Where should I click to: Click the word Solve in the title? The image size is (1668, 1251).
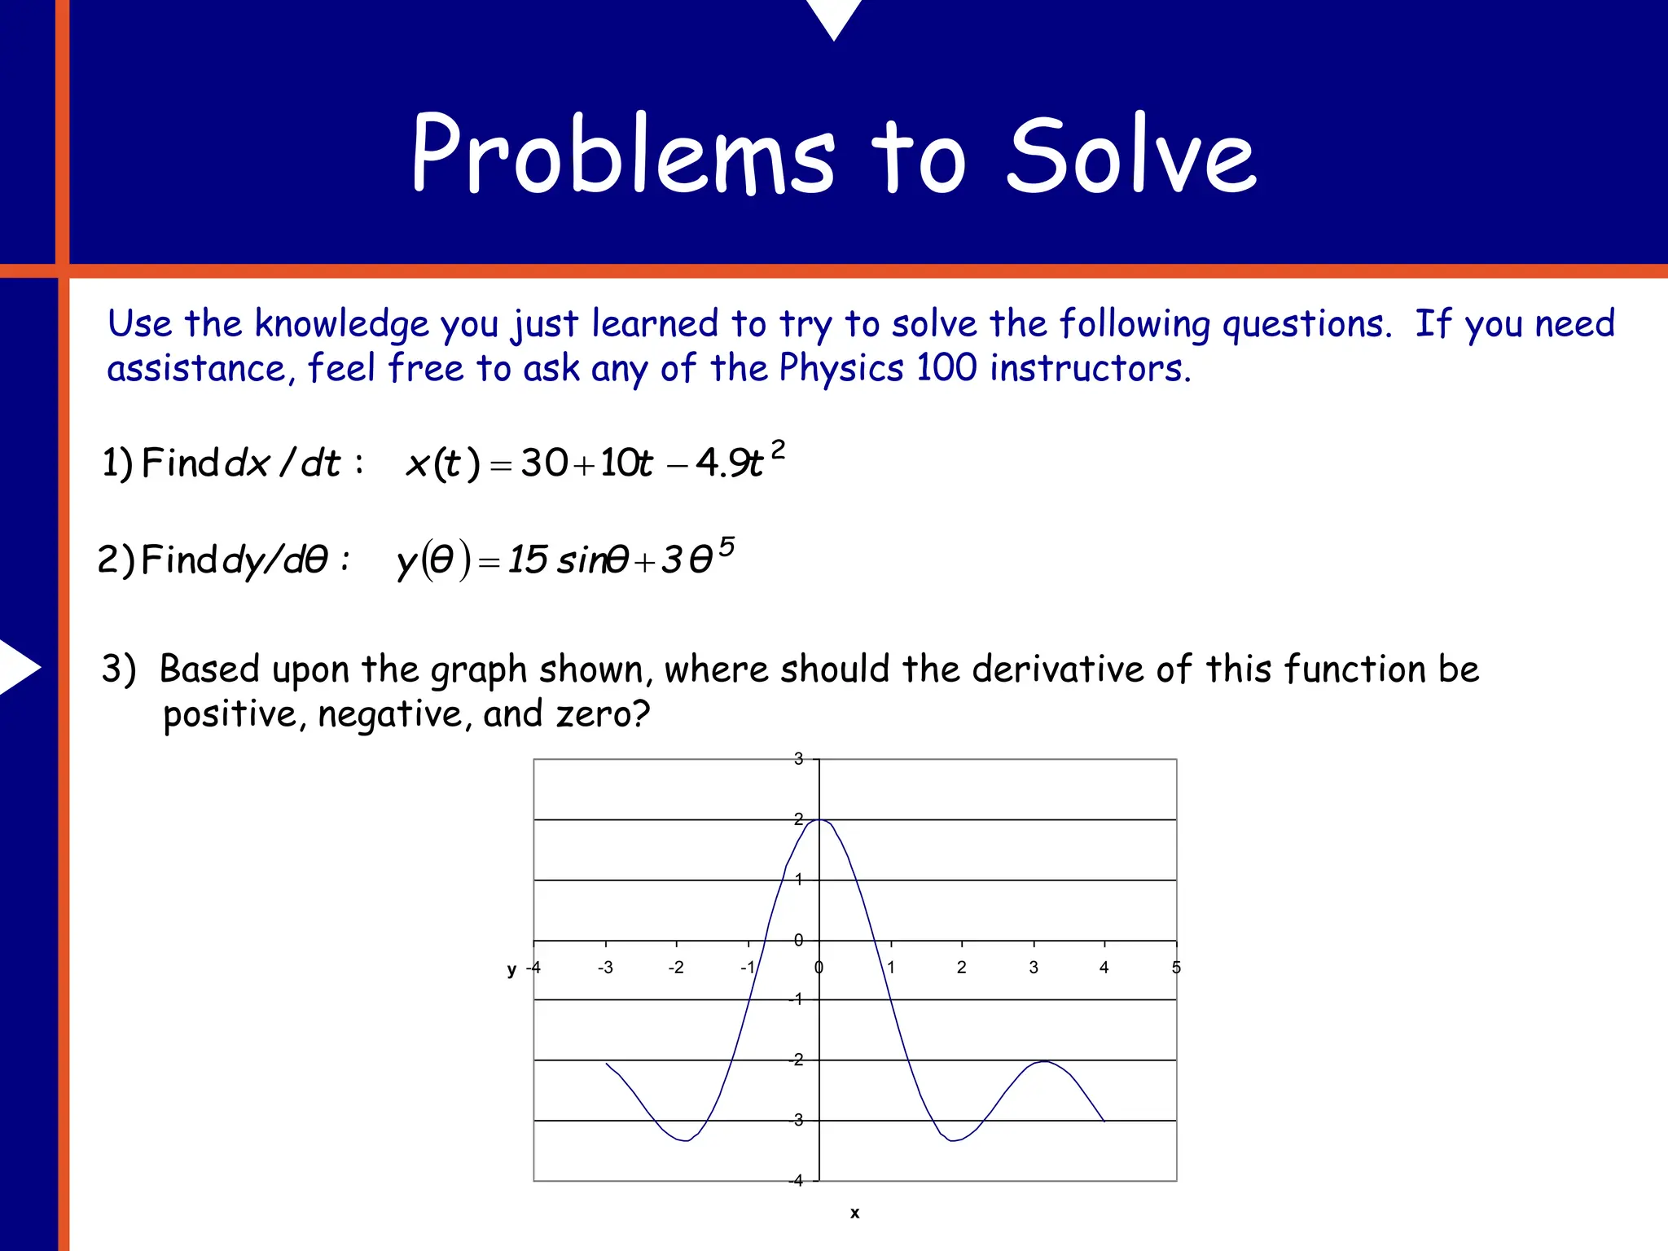click(1132, 155)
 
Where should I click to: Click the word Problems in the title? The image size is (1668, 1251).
click(623, 155)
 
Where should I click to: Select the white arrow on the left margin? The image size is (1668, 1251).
click(18, 667)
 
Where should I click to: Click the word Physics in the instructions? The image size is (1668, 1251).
click(841, 368)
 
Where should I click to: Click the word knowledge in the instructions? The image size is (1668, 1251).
click(341, 325)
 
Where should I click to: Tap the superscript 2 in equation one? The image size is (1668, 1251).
click(779, 450)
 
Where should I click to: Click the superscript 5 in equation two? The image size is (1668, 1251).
click(726, 546)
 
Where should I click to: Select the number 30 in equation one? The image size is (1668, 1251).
click(544, 463)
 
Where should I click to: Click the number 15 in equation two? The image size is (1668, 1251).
click(528, 560)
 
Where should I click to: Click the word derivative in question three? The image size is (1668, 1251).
click(1058, 669)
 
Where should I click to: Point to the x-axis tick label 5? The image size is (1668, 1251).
click(1176, 968)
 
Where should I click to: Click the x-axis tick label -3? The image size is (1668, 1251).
click(605, 968)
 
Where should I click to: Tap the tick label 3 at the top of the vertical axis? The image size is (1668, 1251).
click(798, 759)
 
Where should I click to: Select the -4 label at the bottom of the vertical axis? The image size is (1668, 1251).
click(796, 1180)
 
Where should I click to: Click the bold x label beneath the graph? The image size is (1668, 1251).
click(854, 1213)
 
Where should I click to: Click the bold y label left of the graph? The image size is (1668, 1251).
click(511, 969)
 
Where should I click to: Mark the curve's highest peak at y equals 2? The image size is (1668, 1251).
click(819, 819)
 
